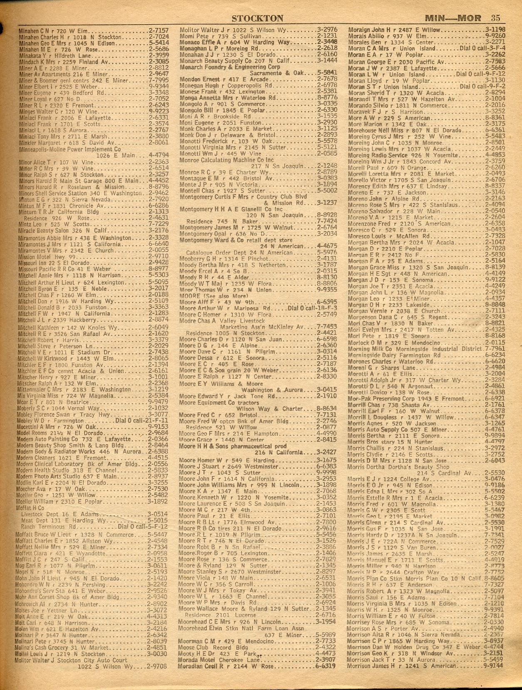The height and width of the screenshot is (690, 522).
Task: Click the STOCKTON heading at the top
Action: coord(257,18)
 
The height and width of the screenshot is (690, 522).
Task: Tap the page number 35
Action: coord(495,18)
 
